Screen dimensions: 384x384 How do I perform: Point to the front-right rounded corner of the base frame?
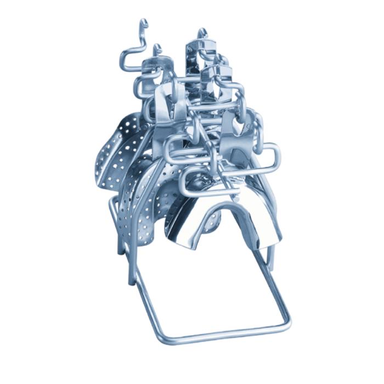(287, 321)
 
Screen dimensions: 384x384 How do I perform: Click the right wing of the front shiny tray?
(269, 225)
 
